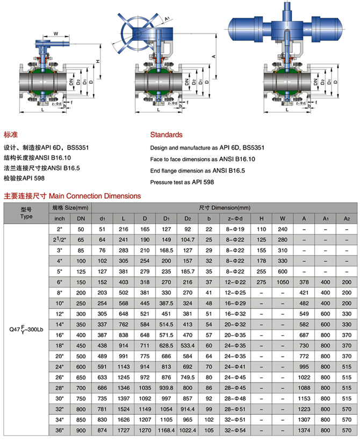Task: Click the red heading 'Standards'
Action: coord(166,134)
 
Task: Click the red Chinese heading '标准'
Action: coord(11,134)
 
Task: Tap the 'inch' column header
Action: coord(60,219)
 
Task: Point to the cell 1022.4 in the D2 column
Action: coord(187,430)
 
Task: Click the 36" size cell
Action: coord(60,430)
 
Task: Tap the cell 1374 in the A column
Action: coord(304,430)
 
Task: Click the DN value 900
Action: coord(81,430)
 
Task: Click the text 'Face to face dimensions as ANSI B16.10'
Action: coord(203,159)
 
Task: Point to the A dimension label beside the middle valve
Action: coord(214,55)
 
